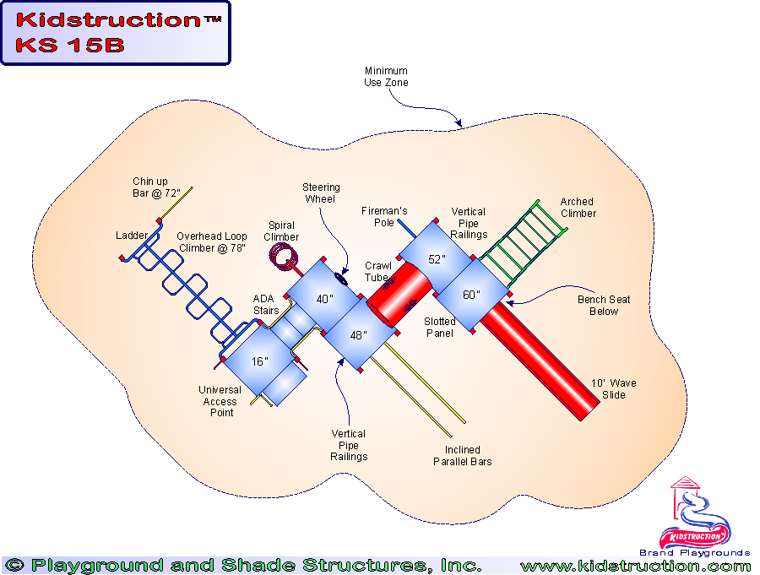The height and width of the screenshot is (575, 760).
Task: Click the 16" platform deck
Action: (260, 361)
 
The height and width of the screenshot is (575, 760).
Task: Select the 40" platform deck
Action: (325, 298)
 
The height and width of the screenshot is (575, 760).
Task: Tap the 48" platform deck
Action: (359, 335)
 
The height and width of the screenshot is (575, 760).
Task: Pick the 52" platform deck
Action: (436, 259)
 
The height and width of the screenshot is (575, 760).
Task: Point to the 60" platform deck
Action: (471, 295)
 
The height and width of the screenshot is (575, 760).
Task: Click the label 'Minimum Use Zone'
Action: (386, 77)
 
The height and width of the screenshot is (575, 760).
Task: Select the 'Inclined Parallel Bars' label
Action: (462, 456)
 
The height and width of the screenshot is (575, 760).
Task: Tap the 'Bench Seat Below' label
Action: (604, 306)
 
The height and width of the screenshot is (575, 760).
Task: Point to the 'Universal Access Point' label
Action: (220, 401)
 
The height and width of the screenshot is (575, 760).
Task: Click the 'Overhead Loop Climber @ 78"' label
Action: (213, 243)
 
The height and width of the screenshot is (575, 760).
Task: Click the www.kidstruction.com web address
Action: (635, 566)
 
